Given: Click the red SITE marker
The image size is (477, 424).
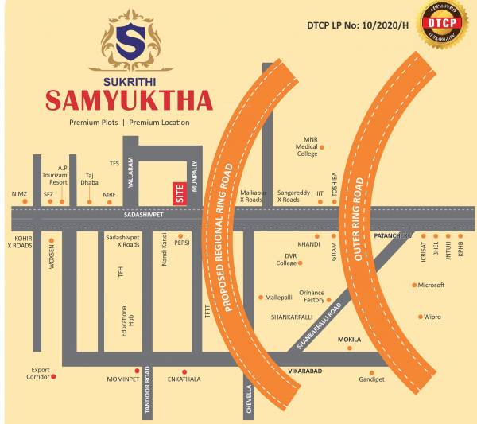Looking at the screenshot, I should [x=179, y=194].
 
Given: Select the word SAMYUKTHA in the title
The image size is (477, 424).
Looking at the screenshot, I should [x=129, y=101].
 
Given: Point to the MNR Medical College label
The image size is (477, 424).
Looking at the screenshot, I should [x=307, y=146].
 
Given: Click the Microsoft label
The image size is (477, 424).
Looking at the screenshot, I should [x=431, y=285].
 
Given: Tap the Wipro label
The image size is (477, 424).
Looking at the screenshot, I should [x=432, y=317].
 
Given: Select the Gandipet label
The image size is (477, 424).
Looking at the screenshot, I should [x=370, y=379].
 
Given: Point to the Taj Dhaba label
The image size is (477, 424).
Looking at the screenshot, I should [x=90, y=177].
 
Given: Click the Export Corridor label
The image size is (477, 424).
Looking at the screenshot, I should [x=41, y=373].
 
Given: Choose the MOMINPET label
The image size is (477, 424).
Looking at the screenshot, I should [x=122, y=379].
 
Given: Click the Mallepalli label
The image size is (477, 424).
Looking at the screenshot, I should [x=279, y=297].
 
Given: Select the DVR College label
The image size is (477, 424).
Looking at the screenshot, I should [x=286, y=259].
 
